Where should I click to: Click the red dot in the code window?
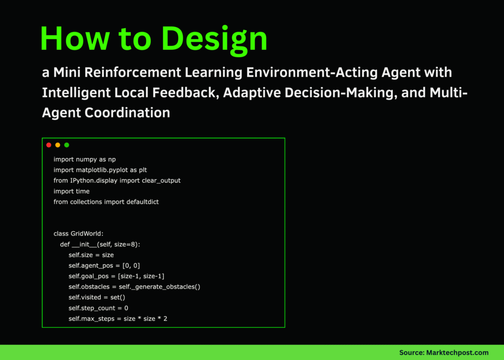click(x=49, y=145)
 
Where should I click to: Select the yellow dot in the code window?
click(x=58, y=145)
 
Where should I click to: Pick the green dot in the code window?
click(x=66, y=145)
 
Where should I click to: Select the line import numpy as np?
click(x=85, y=159)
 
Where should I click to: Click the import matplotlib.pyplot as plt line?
click(x=104, y=170)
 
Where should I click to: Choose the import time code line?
click(x=71, y=191)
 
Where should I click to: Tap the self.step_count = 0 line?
click(x=98, y=308)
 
